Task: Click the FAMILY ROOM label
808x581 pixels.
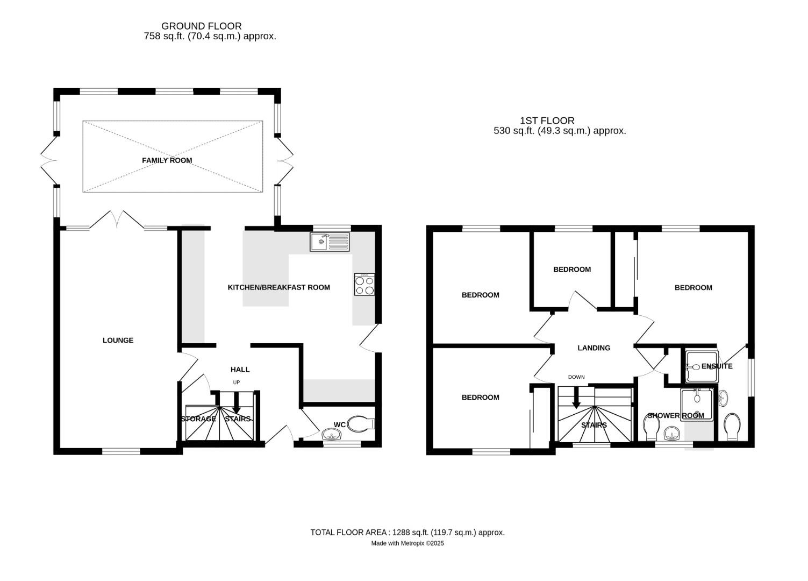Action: (x=167, y=160)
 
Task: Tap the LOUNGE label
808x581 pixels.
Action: (x=118, y=340)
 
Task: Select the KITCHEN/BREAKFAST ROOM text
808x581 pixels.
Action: (x=278, y=287)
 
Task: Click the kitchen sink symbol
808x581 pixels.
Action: (x=329, y=242)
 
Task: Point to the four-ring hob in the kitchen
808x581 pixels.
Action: (x=364, y=284)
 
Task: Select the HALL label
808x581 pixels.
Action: (x=240, y=370)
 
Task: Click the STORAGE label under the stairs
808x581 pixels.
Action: (x=198, y=419)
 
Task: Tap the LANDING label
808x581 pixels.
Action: (x=594, y=348)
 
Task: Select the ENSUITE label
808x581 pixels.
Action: (x=717, y=366)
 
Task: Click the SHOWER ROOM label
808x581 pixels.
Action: (x=675, y=416)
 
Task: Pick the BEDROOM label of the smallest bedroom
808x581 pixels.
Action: (x=571, y=270)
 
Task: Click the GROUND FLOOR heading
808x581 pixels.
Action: (x=201, y=26)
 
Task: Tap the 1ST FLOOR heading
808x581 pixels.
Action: (x=547, y=121)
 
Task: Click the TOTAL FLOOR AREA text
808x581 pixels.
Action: (x=407, y=533)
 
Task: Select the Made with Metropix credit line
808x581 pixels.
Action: (x=407, y=543)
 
